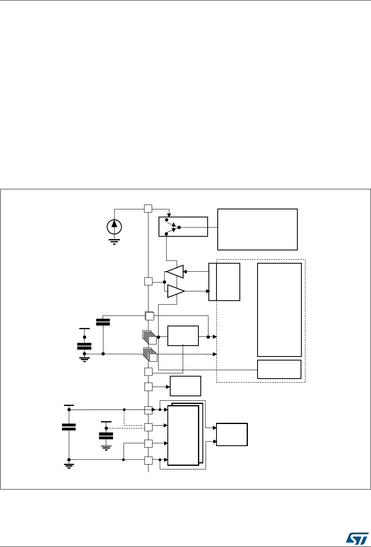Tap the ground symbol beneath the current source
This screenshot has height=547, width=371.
(x=115, y=241)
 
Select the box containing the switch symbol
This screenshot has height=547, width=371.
(x=183, y=227)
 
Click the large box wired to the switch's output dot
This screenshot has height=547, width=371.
(x=257, y=229)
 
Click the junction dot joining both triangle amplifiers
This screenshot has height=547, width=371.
(x=165, y=281)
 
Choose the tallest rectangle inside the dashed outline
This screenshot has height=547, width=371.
(x=279, y=309)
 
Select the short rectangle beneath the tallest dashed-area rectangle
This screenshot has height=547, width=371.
(x=279, y=369)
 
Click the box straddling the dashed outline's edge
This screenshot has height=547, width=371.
(x=224, y=282)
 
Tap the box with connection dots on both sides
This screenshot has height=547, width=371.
(x=183, y=336)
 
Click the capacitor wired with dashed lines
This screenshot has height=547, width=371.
(x=106, y=436)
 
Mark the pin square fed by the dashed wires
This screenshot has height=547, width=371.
(x=148, y=427)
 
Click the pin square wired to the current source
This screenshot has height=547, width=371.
(x=148, y=209)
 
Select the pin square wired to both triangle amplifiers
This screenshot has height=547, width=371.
(x=148, y=281)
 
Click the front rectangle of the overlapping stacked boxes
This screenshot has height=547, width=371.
(x=183, y=435)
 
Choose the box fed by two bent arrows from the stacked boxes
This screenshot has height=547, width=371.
(x=232, y=434)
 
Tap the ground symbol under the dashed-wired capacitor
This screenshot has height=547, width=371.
(x=106, y=447)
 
